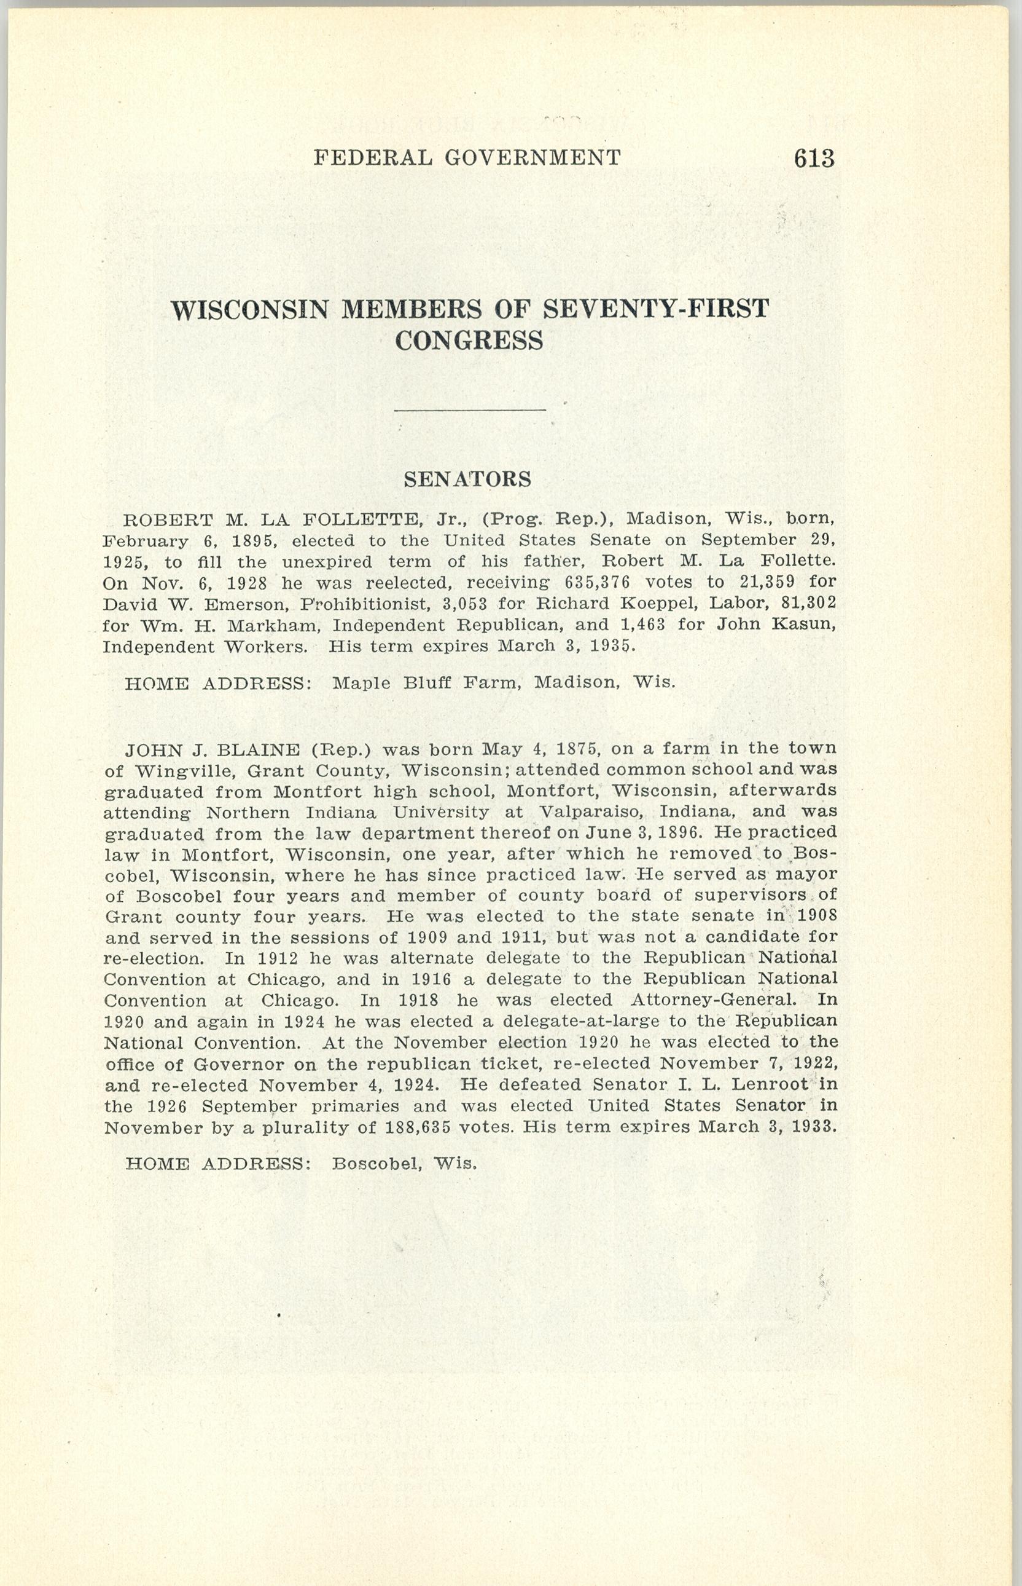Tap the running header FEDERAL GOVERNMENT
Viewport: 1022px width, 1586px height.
coord(467,157)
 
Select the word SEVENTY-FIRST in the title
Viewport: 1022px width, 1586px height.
coord(657,309)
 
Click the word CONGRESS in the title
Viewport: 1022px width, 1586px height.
coord(469,341)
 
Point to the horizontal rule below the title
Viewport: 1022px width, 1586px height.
coord(469,411)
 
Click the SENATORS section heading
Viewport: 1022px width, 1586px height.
coord(467,479)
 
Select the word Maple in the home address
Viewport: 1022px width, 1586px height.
coord(361,683)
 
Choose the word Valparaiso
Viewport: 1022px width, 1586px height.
coord(593,812)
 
